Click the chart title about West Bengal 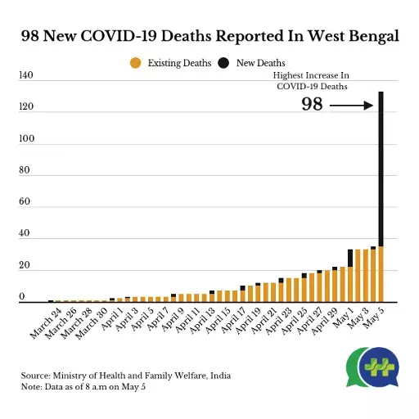pos(209,36)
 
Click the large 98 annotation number pos(312,105)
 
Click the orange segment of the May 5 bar pos(381,274)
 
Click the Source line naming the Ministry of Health pos(125,376)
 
